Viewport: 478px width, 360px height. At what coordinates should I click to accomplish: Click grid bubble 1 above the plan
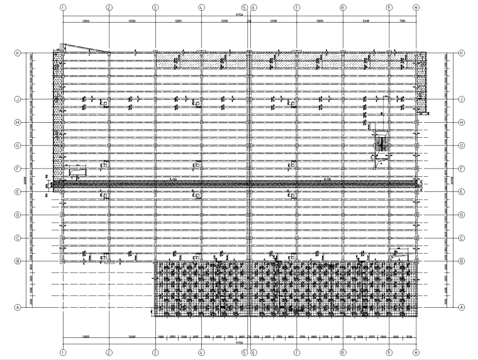[63, 8]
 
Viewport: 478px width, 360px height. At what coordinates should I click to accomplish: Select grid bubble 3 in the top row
[155, 8]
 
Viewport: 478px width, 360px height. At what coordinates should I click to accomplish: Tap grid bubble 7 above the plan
[296, 8]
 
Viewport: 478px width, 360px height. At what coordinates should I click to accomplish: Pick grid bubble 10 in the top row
[416, 8]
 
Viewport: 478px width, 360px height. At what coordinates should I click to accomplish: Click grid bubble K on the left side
[18, 54]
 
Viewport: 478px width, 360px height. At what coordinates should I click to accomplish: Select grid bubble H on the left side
[18, 123]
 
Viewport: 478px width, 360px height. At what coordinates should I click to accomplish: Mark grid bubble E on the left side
[18, 192]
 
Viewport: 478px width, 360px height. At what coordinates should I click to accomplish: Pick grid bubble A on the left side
[18, 308]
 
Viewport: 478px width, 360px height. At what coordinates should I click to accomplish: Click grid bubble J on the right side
[461, 99]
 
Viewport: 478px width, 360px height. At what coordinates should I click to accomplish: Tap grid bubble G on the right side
[461, 145]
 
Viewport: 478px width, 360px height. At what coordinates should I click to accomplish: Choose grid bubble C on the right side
[461, 238]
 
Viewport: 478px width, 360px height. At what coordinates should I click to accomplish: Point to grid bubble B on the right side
[461, 261]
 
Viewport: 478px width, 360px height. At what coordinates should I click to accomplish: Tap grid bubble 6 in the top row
[253, 8]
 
